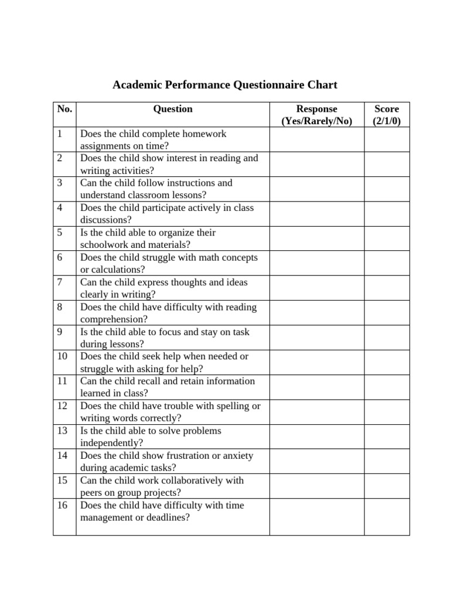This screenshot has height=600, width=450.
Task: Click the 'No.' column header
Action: (64, 109)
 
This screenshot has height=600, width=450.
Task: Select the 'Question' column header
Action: (173, 109)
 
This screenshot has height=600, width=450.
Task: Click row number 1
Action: (60, 134)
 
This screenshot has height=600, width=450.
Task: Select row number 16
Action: (63, 505)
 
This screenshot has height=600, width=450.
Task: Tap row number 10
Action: (63, 356)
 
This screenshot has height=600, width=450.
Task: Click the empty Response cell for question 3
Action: (317, 189)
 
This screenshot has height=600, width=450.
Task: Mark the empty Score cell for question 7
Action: (387, 288)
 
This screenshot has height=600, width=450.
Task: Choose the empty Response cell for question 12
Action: (317, 412)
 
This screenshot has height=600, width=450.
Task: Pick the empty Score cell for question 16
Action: (387, 517)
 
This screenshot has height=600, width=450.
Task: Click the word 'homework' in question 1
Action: (205, 134)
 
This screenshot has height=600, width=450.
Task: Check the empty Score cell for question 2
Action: (387, 165)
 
